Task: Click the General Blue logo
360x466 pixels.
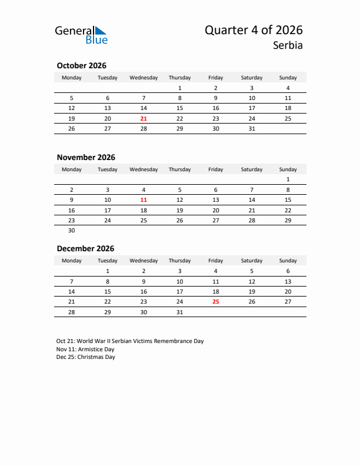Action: click(x=81, y=35)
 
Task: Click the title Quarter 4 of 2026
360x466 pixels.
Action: click(x=254, y=30)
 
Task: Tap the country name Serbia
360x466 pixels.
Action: click(x=288, y=45)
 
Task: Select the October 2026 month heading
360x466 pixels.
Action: click(x=81, y=66)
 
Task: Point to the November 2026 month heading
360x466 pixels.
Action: click(x=86, y=157)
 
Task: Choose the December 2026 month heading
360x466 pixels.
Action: click(x=85, y=248)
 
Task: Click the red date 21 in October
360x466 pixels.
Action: click(x=144, y=118)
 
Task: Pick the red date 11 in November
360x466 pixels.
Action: click(x=144, y=199)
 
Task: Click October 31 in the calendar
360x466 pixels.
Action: click(x=252, y=128)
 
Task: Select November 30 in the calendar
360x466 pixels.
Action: click(x=72, y=231)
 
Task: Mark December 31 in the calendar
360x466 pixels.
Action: click(x=179, y=312)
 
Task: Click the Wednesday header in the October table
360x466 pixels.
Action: click(x=144, y=78)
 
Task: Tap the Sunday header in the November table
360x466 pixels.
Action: click(x=288, y=169)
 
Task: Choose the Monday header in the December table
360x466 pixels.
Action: click(x=72, y=261)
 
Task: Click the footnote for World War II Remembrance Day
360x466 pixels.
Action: click(x=130, y=341)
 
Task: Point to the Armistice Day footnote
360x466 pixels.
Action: click(x=86, y=349)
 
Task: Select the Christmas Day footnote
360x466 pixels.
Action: click(x=86, y=357)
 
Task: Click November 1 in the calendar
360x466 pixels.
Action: click(x=288, y=179)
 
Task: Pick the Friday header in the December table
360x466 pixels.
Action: click(x=215, y=261)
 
